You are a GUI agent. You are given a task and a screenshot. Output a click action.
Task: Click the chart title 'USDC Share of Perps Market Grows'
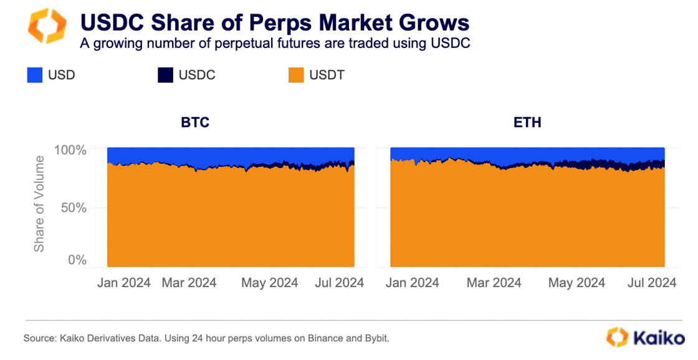pos(274,23)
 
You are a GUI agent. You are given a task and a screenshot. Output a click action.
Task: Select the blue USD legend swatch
pos(35,75)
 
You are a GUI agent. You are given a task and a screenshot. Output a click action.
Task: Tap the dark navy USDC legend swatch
pos(165,75)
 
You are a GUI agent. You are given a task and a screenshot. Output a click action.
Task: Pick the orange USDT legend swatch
pos(297,75)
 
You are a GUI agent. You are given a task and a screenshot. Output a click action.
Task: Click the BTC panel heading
pos(195,122)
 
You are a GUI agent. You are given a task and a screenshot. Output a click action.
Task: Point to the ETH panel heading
pos(527,122)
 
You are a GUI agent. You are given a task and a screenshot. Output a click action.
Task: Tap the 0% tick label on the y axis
pos(77,260)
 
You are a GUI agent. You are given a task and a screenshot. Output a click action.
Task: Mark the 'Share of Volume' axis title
pos(39,204)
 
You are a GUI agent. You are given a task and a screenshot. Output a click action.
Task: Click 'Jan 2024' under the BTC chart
pos(123,283)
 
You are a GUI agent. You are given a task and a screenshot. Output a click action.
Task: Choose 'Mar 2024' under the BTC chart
pos(189,283)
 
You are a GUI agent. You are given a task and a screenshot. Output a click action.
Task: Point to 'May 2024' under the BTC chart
pos(270,283)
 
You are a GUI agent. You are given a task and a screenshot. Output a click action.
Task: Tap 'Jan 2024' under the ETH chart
pos(412,283)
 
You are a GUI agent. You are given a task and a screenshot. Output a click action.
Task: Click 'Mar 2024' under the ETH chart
pos(494,283)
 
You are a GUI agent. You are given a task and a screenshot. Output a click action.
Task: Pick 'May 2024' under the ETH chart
pos(576,283)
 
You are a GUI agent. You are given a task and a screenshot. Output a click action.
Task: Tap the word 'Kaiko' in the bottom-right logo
pos(659,338)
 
